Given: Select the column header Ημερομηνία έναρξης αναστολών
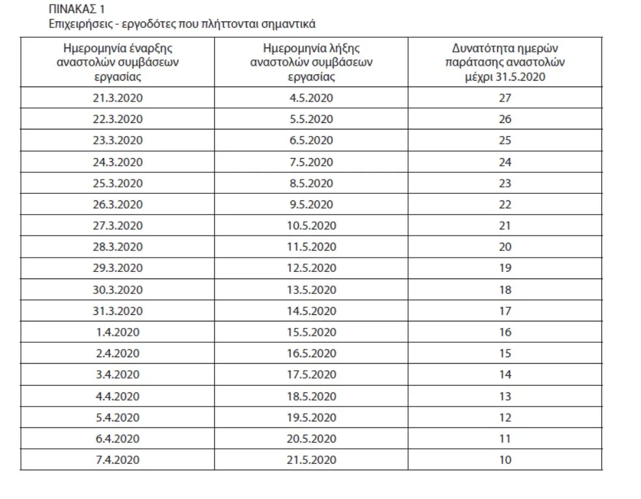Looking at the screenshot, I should (117, 63).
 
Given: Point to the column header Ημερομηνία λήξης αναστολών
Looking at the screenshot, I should (311, 63).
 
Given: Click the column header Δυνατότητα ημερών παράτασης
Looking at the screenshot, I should (505, 63).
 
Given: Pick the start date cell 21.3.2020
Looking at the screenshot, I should (117, 98).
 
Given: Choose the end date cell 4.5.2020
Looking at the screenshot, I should (311, 98).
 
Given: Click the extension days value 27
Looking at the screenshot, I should (505, 98).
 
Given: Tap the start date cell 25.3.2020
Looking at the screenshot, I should (117, 183).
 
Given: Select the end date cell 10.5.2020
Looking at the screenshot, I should (311, 226).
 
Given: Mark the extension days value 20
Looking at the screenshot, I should (505, 247).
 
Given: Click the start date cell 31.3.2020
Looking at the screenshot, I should (117, 311).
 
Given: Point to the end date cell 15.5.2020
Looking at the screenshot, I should (311, 332).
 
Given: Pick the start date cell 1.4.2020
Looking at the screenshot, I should (117, 332).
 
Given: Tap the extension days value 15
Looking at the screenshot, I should (505, 353).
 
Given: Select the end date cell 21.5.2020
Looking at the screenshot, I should (311, 460).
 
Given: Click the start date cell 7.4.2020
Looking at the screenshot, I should (117, 460).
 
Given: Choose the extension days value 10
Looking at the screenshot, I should (505, 460).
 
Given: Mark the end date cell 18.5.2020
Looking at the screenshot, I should (311, 396).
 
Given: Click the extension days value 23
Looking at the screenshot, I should (505, 183).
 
